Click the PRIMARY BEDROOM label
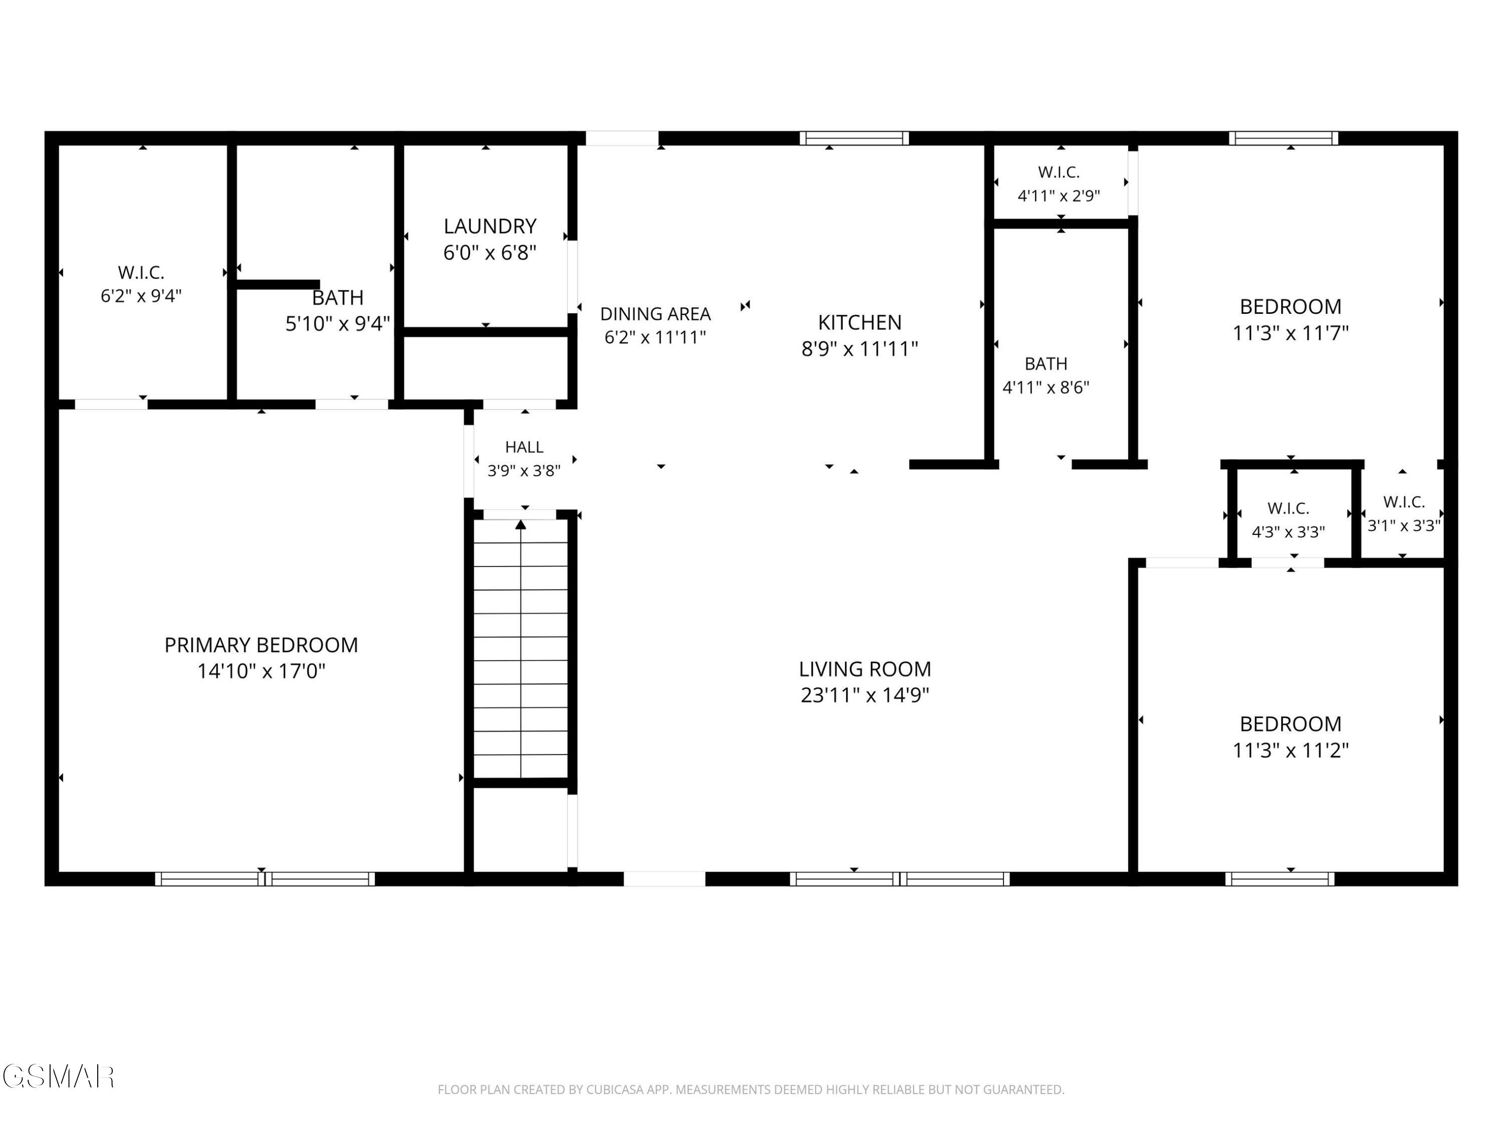pos(261,645)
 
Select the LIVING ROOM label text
pos(864,669)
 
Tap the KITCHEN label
pos(860,322)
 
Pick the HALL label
pos(524,447)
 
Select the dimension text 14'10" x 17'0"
pos(261,671)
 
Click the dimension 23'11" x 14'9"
pos(864,695)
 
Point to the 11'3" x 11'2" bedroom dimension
pos(1290,750)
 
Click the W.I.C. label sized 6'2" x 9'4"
pos(141,273)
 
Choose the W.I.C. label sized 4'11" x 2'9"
pos(1059,172)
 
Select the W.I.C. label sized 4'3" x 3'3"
pos(1288,508)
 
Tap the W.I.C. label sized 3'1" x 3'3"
pos(1404,502)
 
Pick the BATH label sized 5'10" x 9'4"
pos(338,298)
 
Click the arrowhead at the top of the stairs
pos(521,524)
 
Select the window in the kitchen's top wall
pos(854,138)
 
